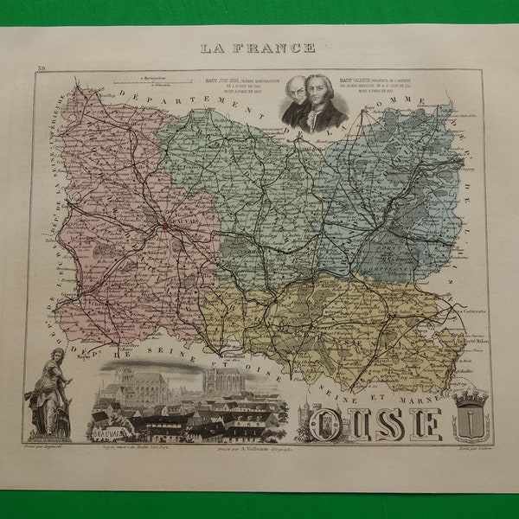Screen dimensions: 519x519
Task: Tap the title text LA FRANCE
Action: (258, 48)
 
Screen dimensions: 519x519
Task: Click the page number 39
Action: (41, 67)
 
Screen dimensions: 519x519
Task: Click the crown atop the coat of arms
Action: (471, 395)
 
